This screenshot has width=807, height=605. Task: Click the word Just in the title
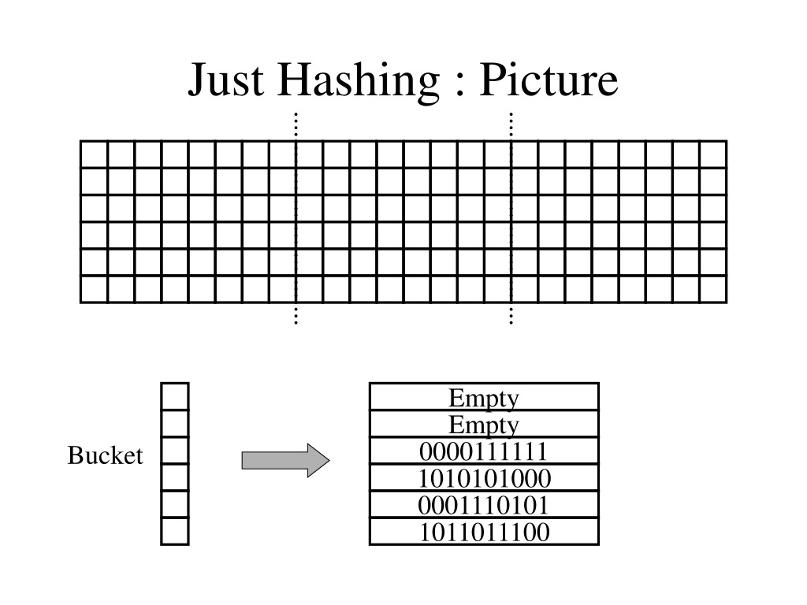226,80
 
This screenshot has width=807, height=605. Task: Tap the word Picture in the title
549,79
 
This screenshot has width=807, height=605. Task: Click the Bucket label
105,455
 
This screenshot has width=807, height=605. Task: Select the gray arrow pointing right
285,460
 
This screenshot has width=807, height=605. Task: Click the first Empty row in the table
484,397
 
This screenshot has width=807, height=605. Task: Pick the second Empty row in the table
484,424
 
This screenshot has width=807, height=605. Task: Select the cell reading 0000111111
484,451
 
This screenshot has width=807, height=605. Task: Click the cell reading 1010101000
484,478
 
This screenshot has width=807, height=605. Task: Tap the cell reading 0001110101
484,505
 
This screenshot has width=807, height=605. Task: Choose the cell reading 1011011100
484,532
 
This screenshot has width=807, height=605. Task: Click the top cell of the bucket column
175,396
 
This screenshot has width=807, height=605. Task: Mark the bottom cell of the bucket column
175,531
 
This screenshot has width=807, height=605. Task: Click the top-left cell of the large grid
95,154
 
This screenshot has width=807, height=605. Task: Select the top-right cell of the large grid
713,154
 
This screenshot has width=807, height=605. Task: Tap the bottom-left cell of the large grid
95,290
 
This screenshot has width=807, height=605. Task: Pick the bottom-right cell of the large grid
713,290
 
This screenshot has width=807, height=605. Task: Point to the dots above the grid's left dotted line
296,126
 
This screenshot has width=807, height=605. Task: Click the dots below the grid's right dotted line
511,315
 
